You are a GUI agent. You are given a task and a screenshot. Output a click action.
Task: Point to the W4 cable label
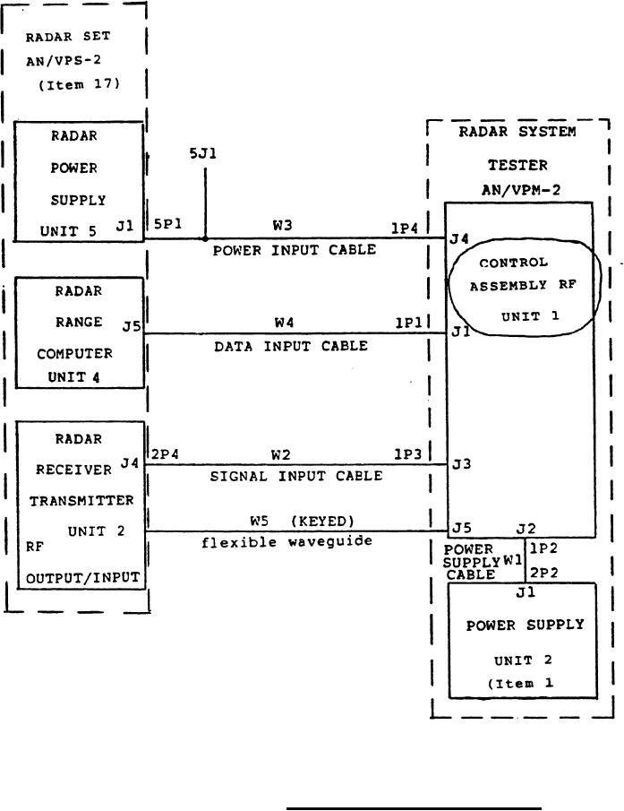285,322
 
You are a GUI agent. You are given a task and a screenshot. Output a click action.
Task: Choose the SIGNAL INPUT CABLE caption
295,476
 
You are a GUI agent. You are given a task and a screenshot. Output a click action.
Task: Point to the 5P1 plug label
166,227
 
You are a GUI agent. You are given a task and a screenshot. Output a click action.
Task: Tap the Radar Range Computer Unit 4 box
79,332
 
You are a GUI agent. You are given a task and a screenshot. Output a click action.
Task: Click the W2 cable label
285,454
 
